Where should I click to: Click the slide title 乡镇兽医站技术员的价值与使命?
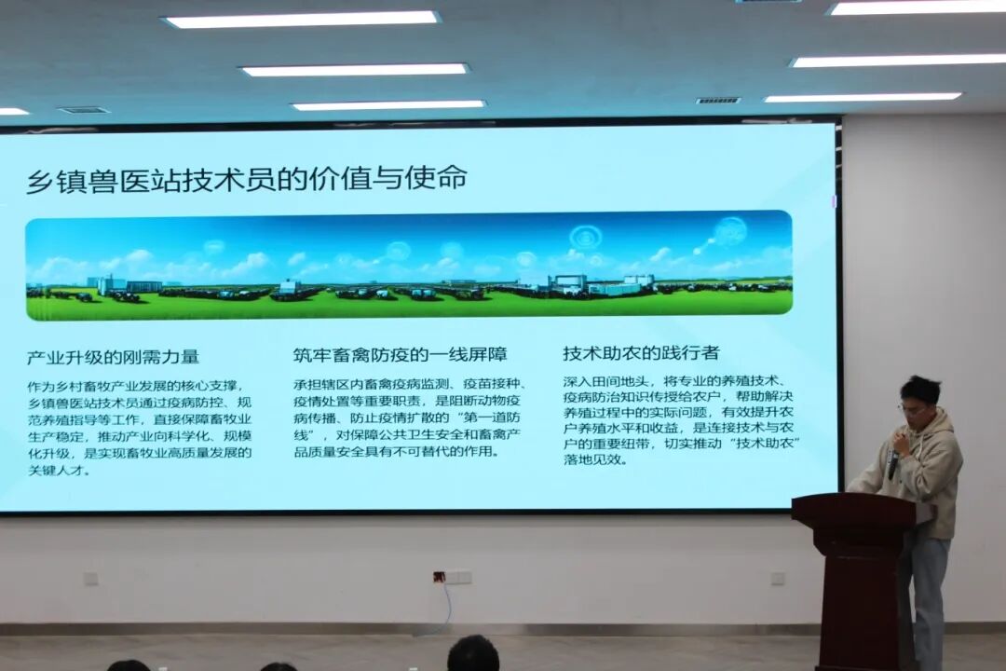tap(246, 179)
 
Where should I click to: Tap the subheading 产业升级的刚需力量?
tap(113, 357)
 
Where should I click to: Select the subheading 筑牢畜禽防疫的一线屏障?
tap(401, 354)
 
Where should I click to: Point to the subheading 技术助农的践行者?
tap(641, 352)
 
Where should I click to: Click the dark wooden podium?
tap(855, 578)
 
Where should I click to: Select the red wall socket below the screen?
tap(440, 576)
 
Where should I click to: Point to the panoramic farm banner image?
tap(409, 266)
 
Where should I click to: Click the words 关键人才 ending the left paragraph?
tap(56, 470)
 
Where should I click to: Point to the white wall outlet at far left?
tap(91, 579)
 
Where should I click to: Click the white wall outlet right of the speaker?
tap(778, 577)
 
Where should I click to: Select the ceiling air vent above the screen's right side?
tap(718, 101)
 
